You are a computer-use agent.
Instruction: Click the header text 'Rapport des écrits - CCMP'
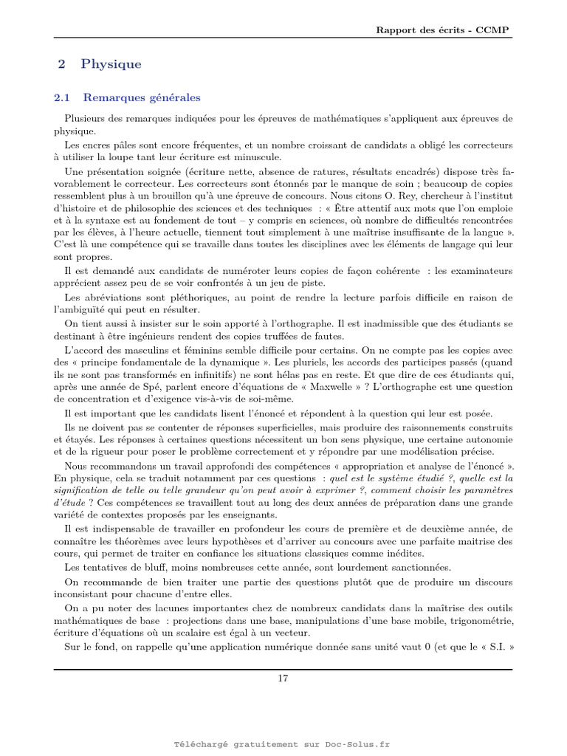tap(442, 30)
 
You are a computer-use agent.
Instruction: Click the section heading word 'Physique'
tap(111, 64)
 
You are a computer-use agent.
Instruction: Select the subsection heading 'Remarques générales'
tap(141, 97)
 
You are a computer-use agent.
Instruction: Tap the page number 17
tap(283, 679)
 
